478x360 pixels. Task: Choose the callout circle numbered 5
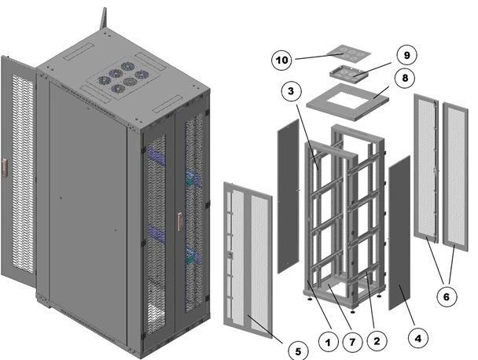[x=297, y=351]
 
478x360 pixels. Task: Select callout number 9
[x=407, y=55]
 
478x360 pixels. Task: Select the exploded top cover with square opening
[x=349, y=101]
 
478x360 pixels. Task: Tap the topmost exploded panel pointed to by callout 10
[x=347, y=53]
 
